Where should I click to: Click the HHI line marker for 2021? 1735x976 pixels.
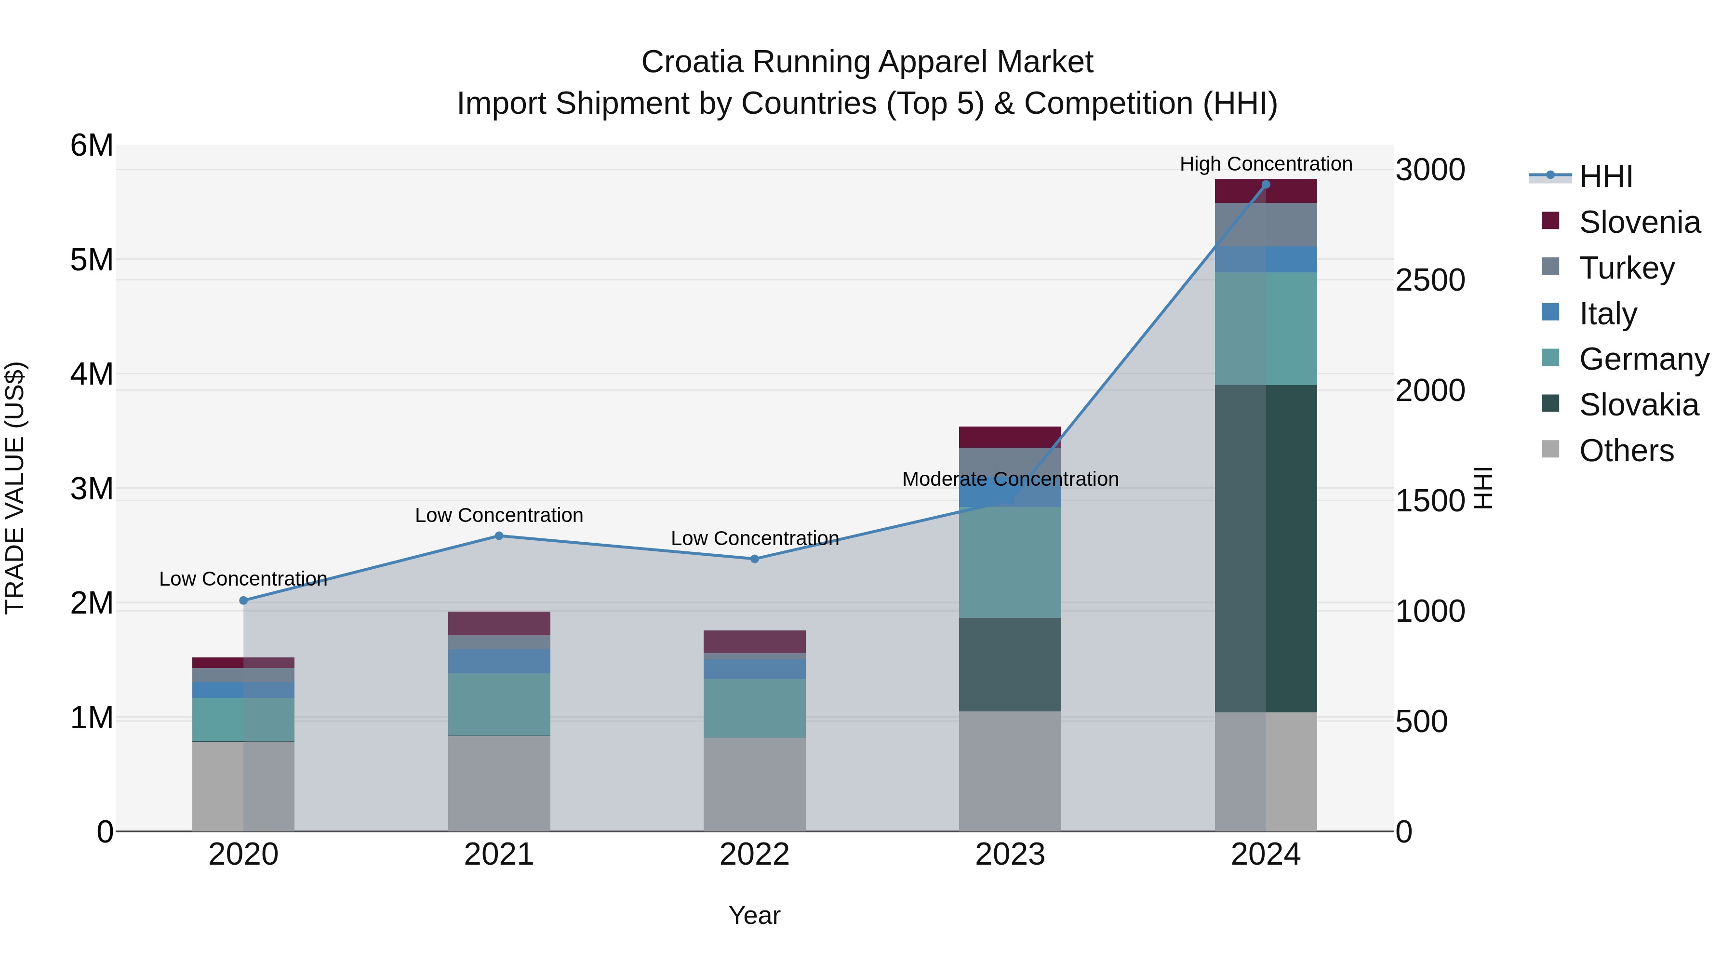tap(499, 536)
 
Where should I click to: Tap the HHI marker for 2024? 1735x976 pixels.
tap(1266, 185)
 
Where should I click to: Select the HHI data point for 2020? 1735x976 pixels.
tap(244, 600)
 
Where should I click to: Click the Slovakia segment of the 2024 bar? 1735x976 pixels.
tap(1266, 548)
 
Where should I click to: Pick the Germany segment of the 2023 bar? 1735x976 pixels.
tap(1010, 562)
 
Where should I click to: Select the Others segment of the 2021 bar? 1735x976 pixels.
tap(499, 783)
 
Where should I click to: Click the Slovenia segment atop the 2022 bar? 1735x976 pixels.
tap(754, 641)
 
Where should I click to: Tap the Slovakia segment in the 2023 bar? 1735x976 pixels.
tap(1010, 664)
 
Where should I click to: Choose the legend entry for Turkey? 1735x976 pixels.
tap(1627, 268)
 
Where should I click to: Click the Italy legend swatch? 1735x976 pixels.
tap(1550, 312)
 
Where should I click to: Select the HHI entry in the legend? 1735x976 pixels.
tap(1606, 176)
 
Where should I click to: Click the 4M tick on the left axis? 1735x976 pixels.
tap(92, 374)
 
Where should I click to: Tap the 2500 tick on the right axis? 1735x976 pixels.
tap(1430, 280)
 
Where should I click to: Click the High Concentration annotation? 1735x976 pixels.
tap(1266, 164)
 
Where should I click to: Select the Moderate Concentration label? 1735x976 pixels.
tap(1010, 479)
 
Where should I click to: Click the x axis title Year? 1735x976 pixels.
tap(754, 915)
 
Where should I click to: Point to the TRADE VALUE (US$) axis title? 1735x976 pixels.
tap(15, 488)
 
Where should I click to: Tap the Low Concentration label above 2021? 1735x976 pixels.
tap(499, 515)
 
